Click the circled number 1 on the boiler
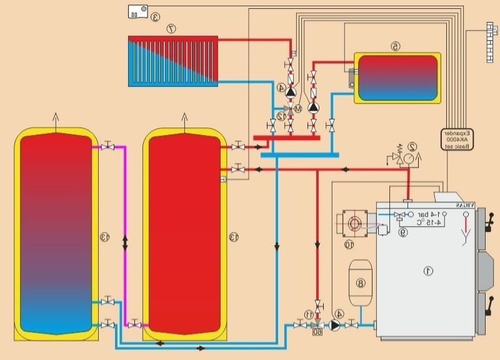428,271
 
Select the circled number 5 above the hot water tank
394,46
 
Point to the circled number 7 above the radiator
170,28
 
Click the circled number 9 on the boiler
403,232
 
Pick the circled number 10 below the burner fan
348,244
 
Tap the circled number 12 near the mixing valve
282,116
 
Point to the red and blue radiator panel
172,61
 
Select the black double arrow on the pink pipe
125,241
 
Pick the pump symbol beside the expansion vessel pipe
337,324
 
